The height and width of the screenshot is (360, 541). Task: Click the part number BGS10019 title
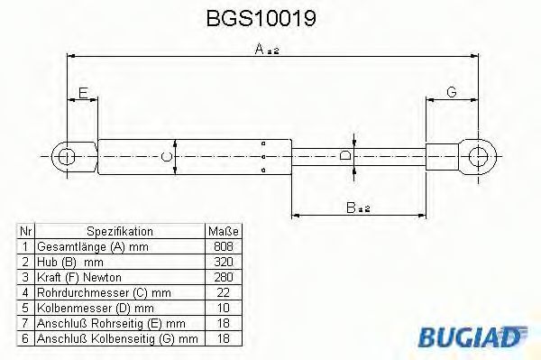pyautogui.click(x=261, y=18)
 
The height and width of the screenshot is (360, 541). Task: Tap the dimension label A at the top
pyautogui.click(x=267, y=49)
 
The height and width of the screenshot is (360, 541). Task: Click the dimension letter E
pyautogui.click(x=83, y=93)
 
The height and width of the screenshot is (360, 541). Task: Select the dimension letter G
pyautogui.click(x=452, y=92)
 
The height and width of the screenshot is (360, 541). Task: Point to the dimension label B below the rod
pyautogui.click(x=357, y=208)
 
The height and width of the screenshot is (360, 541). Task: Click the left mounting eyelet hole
pyautogui.click(x=66, y=157)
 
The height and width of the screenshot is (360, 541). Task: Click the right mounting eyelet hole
pyautogui.click(x=478, y=156)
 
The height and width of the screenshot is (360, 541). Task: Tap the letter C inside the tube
pyautogui.click(x=166, y=156)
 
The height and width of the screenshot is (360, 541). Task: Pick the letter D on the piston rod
pyautogui.click(x=345, y=155)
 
